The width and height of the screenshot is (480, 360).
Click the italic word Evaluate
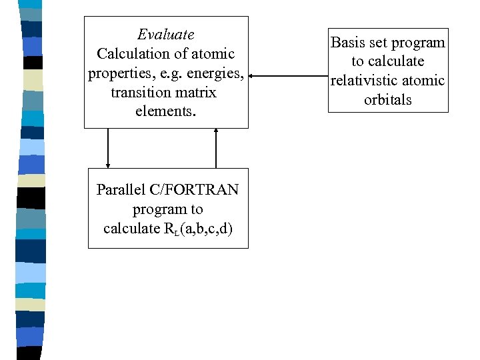pyautogui.click(x=165, y=34)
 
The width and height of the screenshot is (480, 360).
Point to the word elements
pyautogui.click(x=165, y=111)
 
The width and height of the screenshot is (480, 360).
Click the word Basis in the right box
pyautogui.click(x=348, y=43)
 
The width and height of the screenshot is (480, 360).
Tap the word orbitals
pyautogui.click(x=387, y=100)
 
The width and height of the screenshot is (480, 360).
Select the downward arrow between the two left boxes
pyautogui.click(x=108, y=148)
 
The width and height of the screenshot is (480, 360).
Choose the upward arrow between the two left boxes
pyautogui.click(x=216, y=148)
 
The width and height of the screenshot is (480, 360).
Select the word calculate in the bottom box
pyautogui.click(x=131, y=229)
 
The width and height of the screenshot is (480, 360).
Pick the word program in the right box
pyautogui.click(x=419, y=43)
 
